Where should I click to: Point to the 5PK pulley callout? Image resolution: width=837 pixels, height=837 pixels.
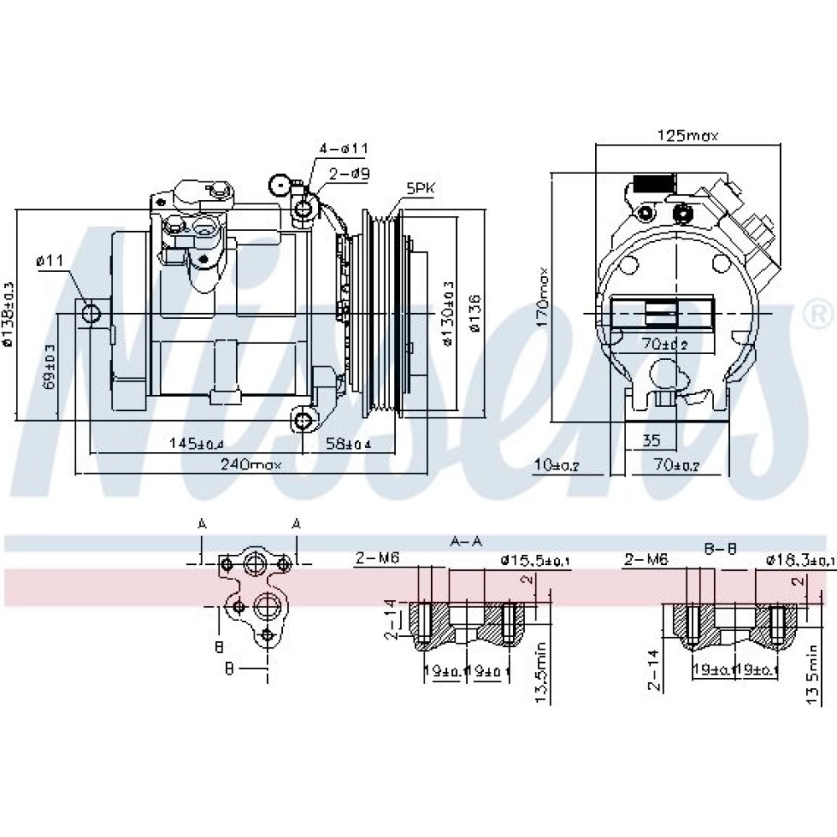[420, 189]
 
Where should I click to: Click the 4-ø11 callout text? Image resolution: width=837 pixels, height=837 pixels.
[342, 148]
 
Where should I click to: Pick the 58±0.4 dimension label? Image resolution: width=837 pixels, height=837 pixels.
[348, 443]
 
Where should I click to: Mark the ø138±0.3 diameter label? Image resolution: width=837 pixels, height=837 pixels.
[8, 314]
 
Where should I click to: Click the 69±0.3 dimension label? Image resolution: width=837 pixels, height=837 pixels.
[49, 367]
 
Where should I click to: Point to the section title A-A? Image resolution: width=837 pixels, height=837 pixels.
[465, 542]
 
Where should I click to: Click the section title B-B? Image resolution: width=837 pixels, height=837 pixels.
[719, 548]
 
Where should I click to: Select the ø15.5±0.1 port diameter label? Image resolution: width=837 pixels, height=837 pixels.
[535, 559]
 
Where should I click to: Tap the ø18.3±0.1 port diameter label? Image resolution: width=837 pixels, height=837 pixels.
[800, 560]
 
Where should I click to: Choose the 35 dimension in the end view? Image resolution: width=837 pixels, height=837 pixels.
[653, 440]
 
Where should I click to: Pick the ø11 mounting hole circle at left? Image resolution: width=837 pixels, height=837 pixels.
[91, 313]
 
